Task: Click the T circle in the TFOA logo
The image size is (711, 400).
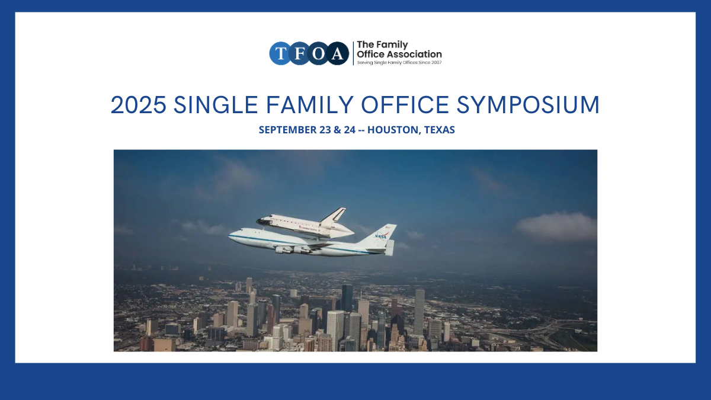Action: click(281, 53)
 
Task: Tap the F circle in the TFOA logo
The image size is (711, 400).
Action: click(299, 53)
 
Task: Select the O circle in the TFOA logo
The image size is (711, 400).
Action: click(318, 53)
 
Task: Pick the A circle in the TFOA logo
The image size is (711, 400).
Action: click(337, 53)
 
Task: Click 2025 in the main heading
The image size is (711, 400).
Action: click(139, 105)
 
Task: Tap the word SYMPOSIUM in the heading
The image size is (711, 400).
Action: click(528, 105)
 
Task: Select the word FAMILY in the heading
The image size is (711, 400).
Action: click(309, 105)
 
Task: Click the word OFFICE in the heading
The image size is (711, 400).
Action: click(405, 105)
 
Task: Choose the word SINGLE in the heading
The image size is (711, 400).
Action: click(216, 105)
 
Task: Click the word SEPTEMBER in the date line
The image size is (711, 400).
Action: click(287, 130)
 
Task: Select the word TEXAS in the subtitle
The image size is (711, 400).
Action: click(439, 130)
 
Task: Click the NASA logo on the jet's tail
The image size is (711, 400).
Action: click(380, 236)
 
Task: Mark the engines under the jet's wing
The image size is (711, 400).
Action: click(292, 250)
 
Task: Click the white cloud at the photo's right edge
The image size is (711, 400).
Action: click(556, 226)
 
